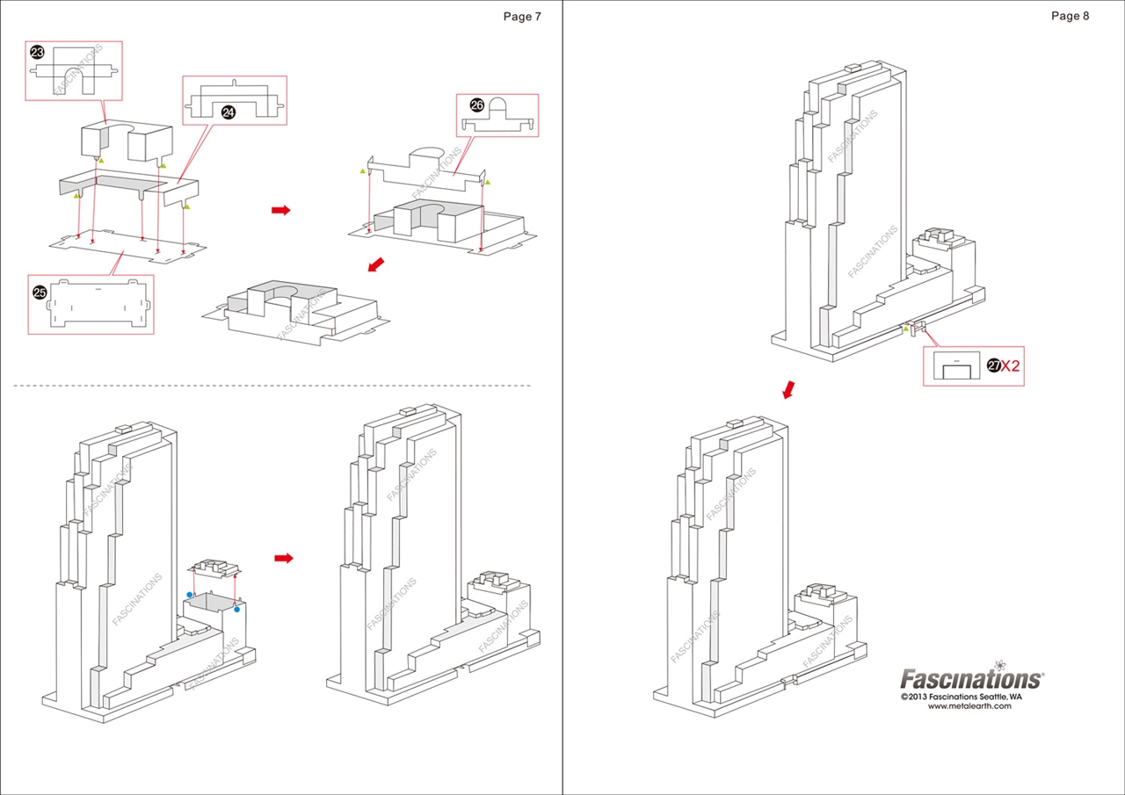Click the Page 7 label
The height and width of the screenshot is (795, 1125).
522,16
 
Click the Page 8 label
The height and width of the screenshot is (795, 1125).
1070,16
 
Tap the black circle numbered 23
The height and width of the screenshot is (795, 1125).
38,53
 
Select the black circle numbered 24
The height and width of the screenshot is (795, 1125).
229,112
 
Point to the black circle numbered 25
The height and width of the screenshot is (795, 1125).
40,293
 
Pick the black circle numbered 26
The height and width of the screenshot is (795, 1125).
477,105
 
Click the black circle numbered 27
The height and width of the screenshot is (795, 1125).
993,365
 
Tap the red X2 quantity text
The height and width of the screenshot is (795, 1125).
1011,365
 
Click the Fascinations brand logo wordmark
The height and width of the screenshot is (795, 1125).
970,679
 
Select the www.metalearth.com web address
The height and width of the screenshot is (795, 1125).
969,705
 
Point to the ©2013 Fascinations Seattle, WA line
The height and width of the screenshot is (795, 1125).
961,696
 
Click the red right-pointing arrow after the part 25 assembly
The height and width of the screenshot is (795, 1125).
280,210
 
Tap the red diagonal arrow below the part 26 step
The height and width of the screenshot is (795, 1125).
375,264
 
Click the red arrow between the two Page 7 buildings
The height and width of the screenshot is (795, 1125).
283,558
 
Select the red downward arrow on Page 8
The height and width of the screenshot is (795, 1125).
790,388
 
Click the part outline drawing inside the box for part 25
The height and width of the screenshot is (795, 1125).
98,303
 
